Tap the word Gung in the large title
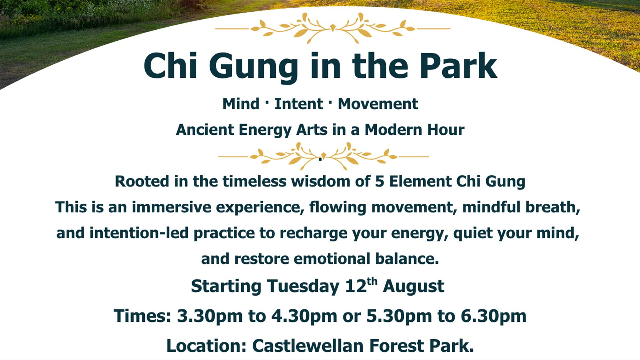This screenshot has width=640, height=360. [253, 67]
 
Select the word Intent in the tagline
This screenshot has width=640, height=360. [299, 104]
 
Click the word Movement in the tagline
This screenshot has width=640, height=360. [378, 104]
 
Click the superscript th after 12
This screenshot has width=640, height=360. [372, 282]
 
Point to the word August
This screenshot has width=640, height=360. [413, 286]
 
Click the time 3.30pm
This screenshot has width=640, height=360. [210, 316]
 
